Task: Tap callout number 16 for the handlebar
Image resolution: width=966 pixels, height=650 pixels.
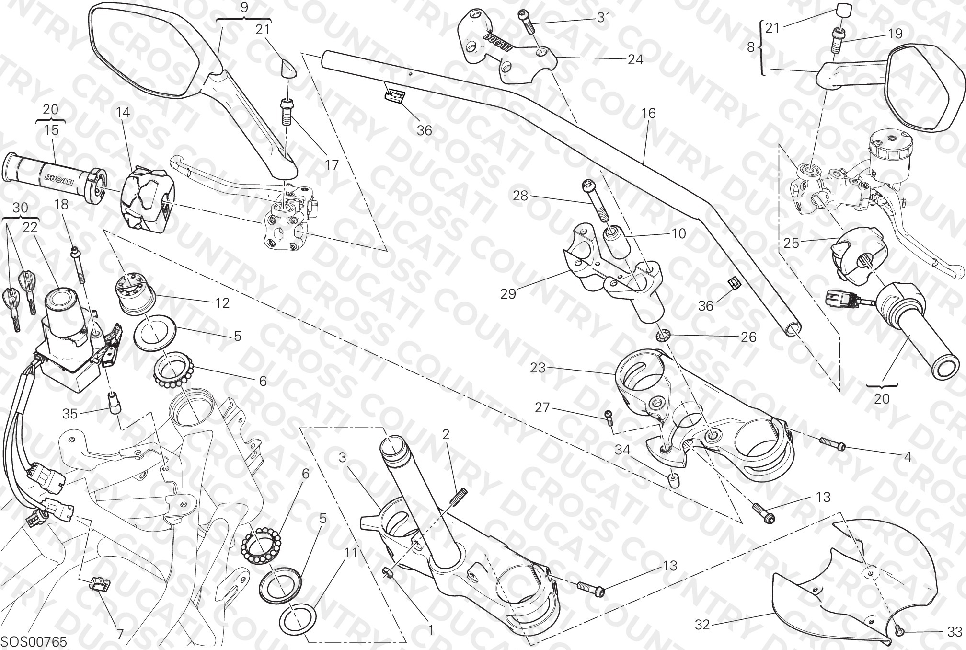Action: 648,114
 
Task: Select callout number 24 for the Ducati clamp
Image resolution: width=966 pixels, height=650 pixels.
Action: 635,60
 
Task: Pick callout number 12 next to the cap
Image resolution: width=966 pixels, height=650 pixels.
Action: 222,303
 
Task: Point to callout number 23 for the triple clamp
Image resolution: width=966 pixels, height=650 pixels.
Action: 538,368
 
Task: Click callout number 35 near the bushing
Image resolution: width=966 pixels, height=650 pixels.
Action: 70,414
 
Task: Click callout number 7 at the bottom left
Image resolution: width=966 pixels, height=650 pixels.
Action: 120,635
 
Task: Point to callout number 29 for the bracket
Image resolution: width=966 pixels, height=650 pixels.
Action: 508,293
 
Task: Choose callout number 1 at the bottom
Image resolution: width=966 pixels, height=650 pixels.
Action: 430,630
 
